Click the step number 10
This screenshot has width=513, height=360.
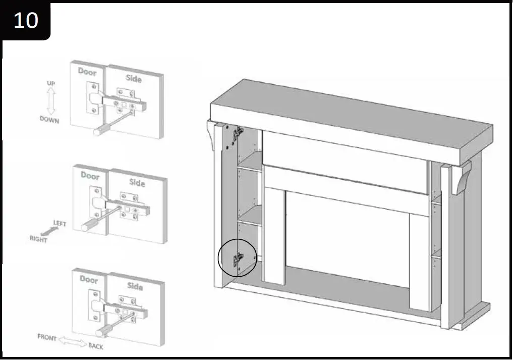click(25, 20)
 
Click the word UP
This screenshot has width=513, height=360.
click(51, 83)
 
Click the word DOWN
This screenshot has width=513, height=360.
click(49, 121)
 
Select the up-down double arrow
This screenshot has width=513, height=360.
click(50, 102)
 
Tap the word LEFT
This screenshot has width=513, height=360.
click(60, 224)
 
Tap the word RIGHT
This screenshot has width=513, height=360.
click(38, 239)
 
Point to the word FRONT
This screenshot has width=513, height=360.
click(47, 337)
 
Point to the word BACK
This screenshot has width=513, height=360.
click(96, 346)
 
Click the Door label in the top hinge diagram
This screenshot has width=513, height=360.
click(87, 72)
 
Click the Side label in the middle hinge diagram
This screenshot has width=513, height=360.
click(137, 182)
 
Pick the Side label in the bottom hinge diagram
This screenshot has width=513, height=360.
click(135, 286)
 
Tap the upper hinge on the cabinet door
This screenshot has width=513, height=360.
click(237, 134)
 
